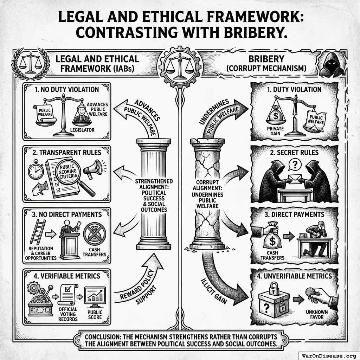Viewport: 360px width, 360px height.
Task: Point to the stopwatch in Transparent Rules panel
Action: click(36, 171)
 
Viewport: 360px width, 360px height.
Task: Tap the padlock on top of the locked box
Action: click(274, 289)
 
